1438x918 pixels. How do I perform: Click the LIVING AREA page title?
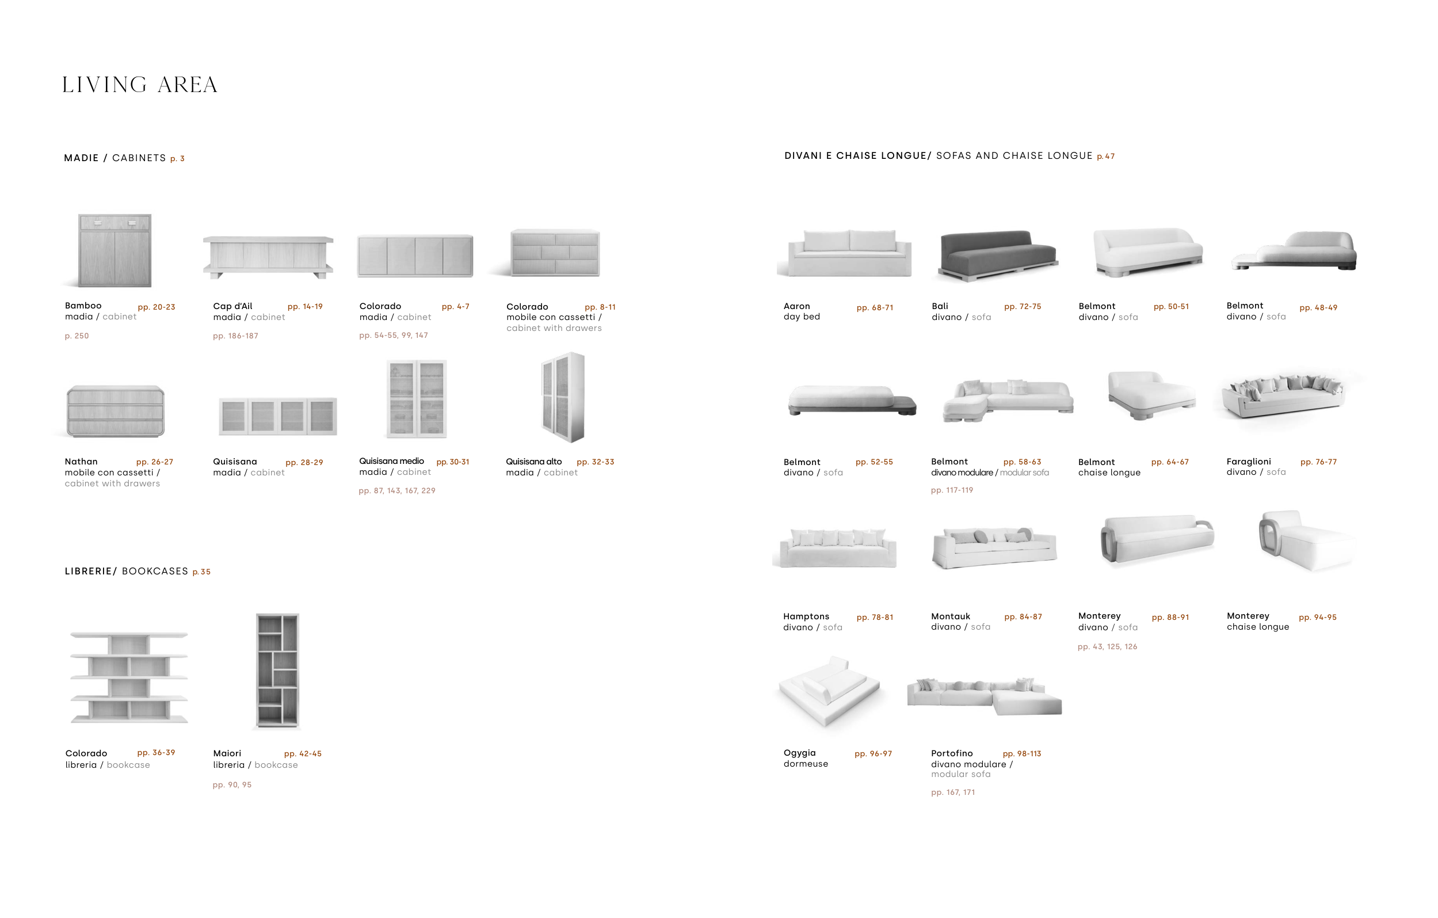pos(140,85)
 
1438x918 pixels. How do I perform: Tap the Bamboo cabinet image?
pos(115,250)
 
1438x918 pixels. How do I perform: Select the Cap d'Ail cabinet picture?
pos(268,257)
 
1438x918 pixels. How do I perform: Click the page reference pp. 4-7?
pos(455,306)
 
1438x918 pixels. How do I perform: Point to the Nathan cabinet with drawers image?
pos(115,411)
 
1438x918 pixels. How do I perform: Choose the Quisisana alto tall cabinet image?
pos(563,397)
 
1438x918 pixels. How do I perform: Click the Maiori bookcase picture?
pos(278,670)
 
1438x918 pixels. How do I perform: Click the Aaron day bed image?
pos(849,253)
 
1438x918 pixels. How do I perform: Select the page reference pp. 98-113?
pos(1022,754)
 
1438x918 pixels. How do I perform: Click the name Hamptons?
pos(806,616)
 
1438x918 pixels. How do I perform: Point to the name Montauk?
pos(950,616)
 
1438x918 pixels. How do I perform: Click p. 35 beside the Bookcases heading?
pos(201,572)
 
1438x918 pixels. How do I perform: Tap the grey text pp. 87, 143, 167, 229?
pos(396,491)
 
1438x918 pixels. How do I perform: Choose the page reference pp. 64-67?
pos(1169,462)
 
